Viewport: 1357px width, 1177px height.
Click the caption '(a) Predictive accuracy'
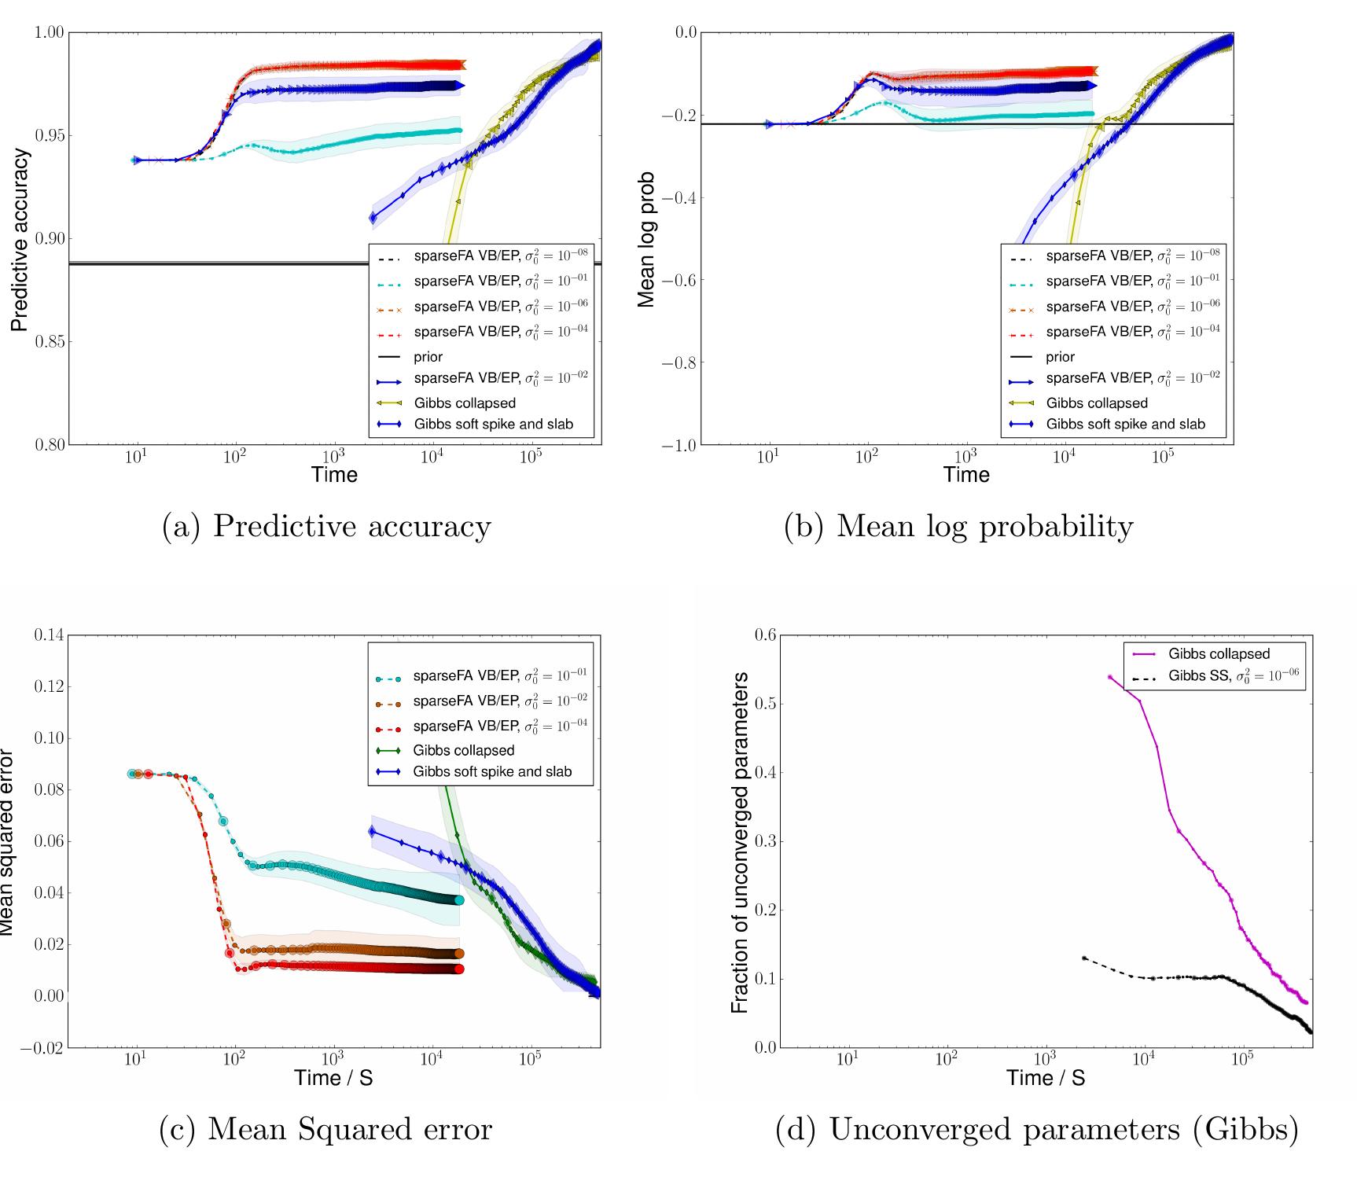tap(325, 526)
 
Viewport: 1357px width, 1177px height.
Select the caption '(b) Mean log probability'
tap(958, 526)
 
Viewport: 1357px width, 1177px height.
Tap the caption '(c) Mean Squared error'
tap(325, 1129)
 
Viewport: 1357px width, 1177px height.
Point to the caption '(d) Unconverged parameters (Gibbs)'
tap(1036, 1129)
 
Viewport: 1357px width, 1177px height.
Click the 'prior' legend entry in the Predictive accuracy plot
tap(428, 356)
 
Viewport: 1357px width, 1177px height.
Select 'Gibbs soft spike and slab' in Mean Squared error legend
tap(492, 771)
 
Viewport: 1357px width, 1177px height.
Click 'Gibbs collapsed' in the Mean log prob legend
tap(1097, 403)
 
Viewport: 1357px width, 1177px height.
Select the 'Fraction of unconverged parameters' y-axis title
tap(739, 841)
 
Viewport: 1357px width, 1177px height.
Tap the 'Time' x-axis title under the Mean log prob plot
tap(966, 474)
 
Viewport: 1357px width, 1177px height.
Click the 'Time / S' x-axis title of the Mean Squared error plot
tap(333, 1077)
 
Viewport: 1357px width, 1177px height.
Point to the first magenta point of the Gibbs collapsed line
tap(1110, 676)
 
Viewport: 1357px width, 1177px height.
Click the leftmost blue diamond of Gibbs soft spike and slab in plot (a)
tap(373, 217)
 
